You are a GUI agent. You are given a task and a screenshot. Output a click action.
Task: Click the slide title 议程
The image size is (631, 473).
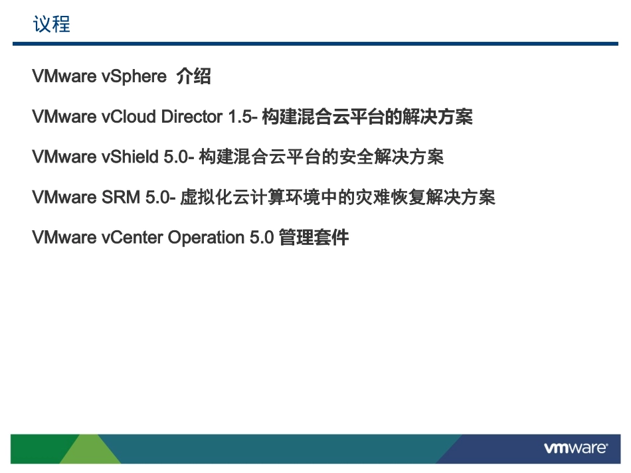tap(51, 25)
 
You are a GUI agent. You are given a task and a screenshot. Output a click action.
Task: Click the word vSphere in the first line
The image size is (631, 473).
tap(134, 77)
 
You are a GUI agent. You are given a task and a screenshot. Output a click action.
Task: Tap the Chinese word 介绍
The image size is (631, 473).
tap(193, 77)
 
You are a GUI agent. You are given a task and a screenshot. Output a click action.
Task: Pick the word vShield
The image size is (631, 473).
tap(130, 157)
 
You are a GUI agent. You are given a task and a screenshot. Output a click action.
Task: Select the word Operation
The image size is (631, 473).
tap(206, 237)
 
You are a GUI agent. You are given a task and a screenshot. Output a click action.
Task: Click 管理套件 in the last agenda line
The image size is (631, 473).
tap(314, 237)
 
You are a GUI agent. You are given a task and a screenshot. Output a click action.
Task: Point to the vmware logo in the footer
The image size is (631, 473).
tap(575, 448)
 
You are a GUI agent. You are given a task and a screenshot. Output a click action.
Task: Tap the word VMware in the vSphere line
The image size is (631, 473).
tap(64, 77)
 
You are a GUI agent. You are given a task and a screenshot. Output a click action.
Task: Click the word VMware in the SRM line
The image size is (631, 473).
tap(64, 198)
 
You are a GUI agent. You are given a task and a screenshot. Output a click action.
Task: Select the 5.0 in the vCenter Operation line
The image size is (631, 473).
tap(262, 237)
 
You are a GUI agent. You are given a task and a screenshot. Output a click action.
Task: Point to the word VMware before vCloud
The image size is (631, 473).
tap(64, 117)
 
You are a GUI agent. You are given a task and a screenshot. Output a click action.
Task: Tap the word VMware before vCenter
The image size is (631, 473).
tap(64, 237)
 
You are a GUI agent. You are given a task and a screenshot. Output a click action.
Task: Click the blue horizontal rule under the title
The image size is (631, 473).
tap(315, 44)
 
